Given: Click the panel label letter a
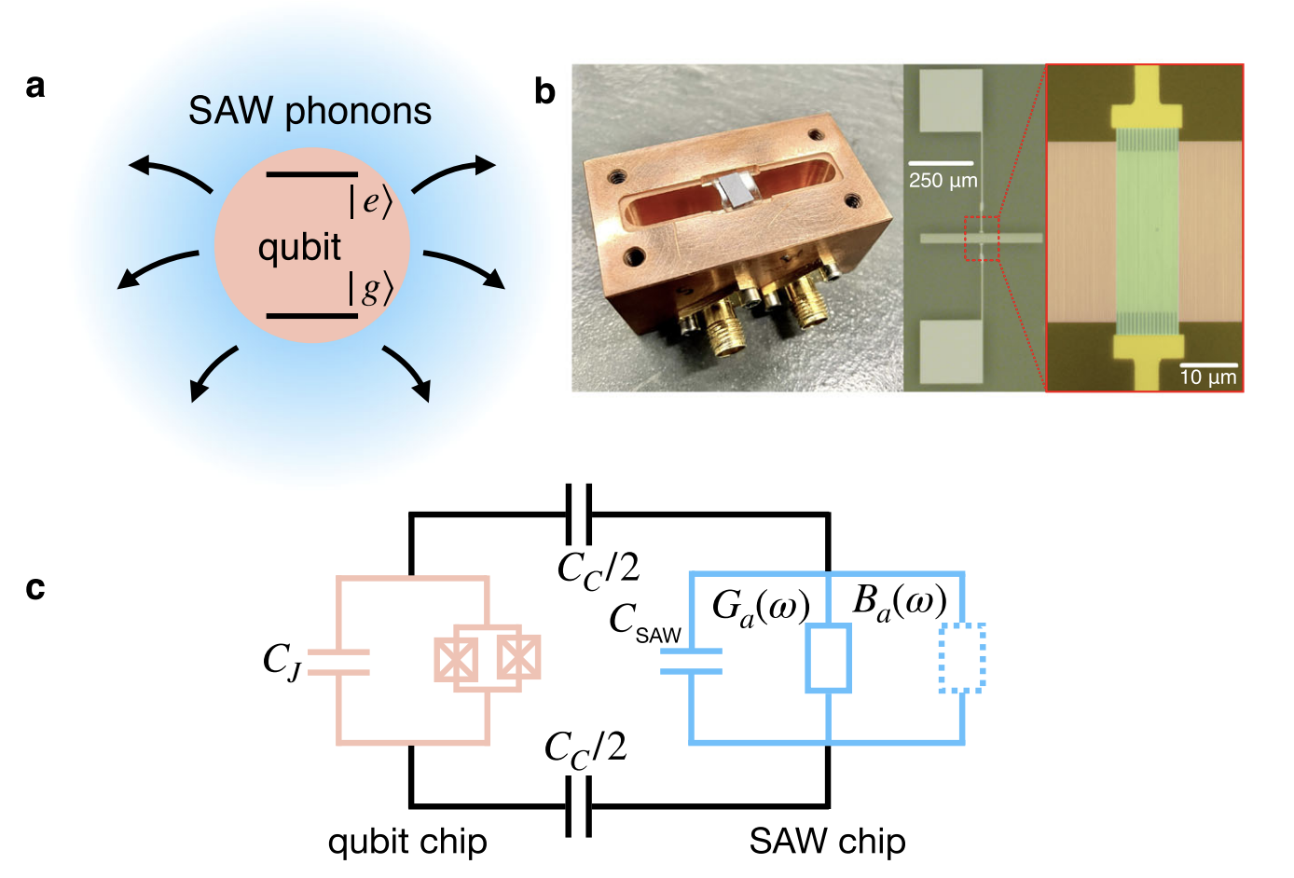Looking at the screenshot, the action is pyautogui.click(x=35, y=87).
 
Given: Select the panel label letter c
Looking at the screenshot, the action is pyautogui.click(x=35, y=589).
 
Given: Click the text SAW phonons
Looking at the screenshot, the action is pyautogui.click(x=310, y=111).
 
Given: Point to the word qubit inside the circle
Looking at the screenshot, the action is pyautogui.click(x=299, y=248).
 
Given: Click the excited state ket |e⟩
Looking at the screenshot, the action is pyautogui.click(x=370, y=201).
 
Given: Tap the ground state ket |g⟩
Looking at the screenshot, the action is pyautogui.click(x=370, y=288).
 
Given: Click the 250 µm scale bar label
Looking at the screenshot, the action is pyautogui.click(x=943, y=181).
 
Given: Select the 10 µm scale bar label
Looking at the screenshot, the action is pyautogui.click(x=1208, y=377).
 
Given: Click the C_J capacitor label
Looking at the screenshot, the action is pyautogui.click(x=282, y=661).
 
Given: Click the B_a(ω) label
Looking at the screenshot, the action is pyautogui.click(x=900, y=602).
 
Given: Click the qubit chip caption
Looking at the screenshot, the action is pyautogui.click(x=407, y=843).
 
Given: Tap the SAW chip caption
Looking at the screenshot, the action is pyautogui.click(x=827, y=842).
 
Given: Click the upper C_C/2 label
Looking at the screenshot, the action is pyautogui.click(x=599, y=570).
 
